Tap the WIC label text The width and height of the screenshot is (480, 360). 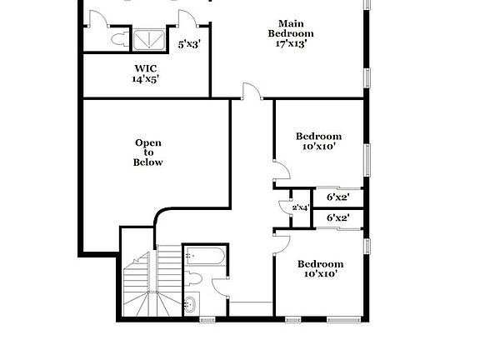(146, 68)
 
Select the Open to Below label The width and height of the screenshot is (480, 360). (148, 152)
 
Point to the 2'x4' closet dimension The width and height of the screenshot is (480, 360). (300, 207)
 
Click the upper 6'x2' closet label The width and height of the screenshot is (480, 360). (337, 197)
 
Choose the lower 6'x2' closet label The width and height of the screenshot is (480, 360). (337, 218)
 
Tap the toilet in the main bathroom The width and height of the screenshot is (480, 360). (117, 38)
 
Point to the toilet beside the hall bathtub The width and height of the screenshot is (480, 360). (193, 278)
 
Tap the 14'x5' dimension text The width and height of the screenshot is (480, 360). (146, 80)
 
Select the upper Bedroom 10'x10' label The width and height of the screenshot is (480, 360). (318, 141)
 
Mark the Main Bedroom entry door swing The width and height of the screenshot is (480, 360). (250, 92)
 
